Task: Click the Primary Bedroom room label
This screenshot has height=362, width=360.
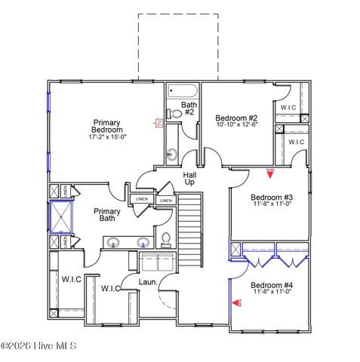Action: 106,126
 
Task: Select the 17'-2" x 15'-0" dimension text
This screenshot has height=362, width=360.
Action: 106,137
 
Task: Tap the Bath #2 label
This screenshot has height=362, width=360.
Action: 189,109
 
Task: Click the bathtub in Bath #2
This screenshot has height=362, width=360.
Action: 182,91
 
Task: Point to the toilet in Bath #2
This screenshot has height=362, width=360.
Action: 174,113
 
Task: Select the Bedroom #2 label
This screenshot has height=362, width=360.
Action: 236,118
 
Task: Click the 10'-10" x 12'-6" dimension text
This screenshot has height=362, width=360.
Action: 236,126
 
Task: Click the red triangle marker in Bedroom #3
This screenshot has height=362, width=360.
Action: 269,172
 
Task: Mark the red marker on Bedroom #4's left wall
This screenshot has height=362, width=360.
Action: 235,304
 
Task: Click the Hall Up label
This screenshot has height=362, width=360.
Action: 189,179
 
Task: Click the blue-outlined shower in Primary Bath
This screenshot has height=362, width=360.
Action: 60,218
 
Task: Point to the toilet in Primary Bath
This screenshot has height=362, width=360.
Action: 165,241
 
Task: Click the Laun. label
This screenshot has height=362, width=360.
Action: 148,282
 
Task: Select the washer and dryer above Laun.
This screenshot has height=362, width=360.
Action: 157,263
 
